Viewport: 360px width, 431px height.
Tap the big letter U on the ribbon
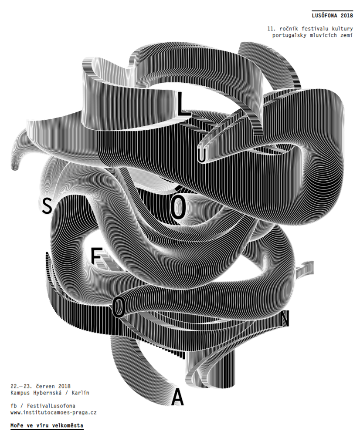pos(202,156)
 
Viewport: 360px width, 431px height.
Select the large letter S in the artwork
pos(47,206)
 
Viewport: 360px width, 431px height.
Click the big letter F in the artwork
pos(96,256)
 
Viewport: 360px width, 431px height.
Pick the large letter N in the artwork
pos(284,318)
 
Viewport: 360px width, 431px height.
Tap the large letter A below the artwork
pos(177,398)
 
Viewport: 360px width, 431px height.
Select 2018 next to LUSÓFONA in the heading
pos(346,16)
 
